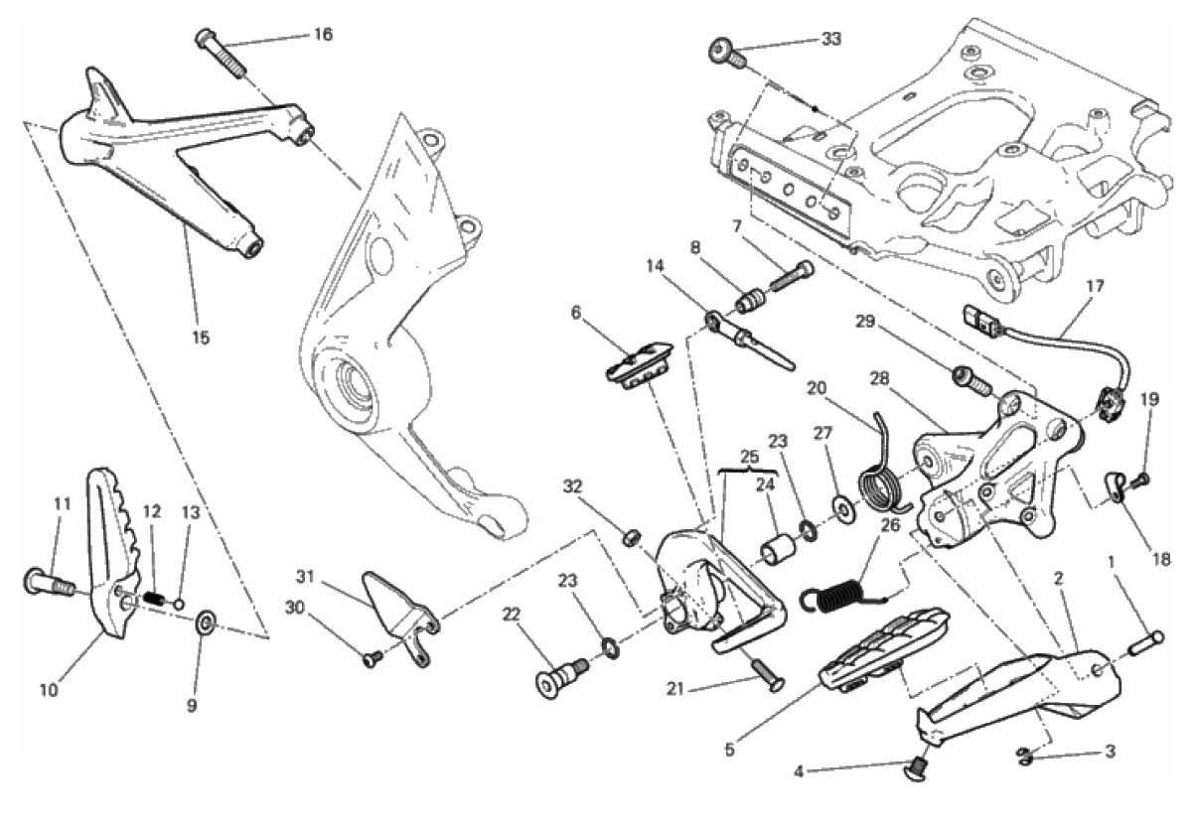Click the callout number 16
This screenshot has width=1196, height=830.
point(323,34)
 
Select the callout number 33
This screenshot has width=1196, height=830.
point(831,39)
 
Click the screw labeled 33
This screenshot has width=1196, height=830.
point(727,53)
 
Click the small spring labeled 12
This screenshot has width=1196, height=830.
point(154,598)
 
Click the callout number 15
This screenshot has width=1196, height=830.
point(201,338)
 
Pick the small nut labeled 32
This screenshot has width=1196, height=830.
point(629,537)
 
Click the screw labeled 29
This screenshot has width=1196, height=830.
point(969,379)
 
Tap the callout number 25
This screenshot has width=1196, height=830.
point(750,457)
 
